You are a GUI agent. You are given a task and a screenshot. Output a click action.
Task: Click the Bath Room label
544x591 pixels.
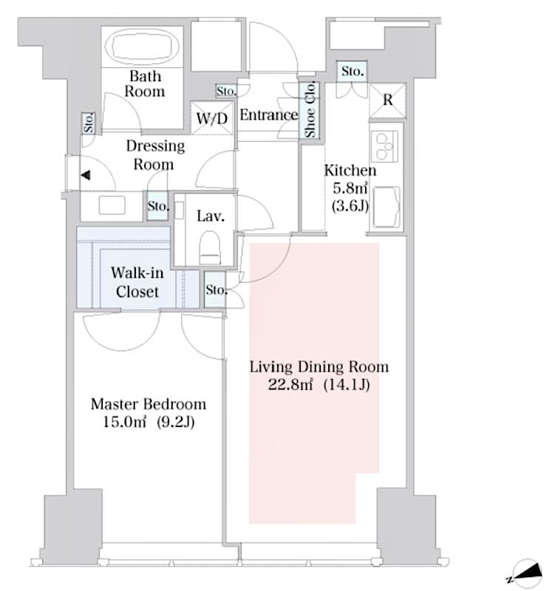point(144,83)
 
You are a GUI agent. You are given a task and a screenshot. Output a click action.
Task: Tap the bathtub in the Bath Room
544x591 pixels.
point(143,47)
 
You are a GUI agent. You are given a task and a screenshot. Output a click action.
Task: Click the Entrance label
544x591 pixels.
point(268,115)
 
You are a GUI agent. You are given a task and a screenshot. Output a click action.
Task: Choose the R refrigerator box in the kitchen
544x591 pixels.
point(387,100)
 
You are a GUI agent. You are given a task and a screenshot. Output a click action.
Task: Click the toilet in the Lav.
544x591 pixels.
point(211,247)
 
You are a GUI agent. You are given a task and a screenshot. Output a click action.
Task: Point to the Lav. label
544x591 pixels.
point(206,217)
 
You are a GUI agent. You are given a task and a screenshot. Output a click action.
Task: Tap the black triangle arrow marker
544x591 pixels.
point(86,176)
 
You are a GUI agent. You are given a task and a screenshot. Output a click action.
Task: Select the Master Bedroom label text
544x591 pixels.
point(148,405)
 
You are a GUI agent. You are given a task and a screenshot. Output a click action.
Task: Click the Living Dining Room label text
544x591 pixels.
point(319,367)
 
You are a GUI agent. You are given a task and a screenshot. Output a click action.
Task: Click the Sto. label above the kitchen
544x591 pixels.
point(352,72)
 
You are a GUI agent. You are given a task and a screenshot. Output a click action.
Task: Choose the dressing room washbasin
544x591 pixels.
point(112,206)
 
